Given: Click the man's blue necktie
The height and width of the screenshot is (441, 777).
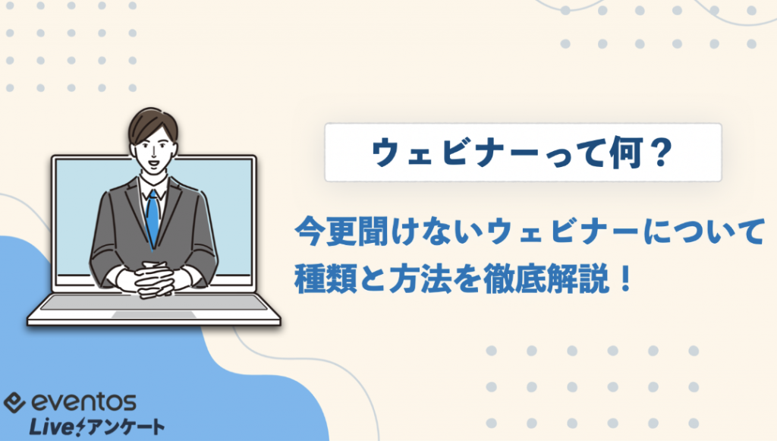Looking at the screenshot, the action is [x=153, y=218].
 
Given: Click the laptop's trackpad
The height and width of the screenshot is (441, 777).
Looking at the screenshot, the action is [x=154, y=315].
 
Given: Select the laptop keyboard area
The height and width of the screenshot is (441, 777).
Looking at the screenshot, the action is [x=154, y=303].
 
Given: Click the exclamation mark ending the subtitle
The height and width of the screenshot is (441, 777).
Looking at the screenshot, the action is [x=625, y=279].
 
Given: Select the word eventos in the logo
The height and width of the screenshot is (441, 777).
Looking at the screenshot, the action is [x=83, y=402].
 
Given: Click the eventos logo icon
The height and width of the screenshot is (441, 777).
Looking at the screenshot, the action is [x=14, y=402].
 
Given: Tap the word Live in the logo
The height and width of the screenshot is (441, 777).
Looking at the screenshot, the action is [x=52, y=427].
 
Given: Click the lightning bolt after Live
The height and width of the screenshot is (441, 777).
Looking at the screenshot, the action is [x=80, y=427].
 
